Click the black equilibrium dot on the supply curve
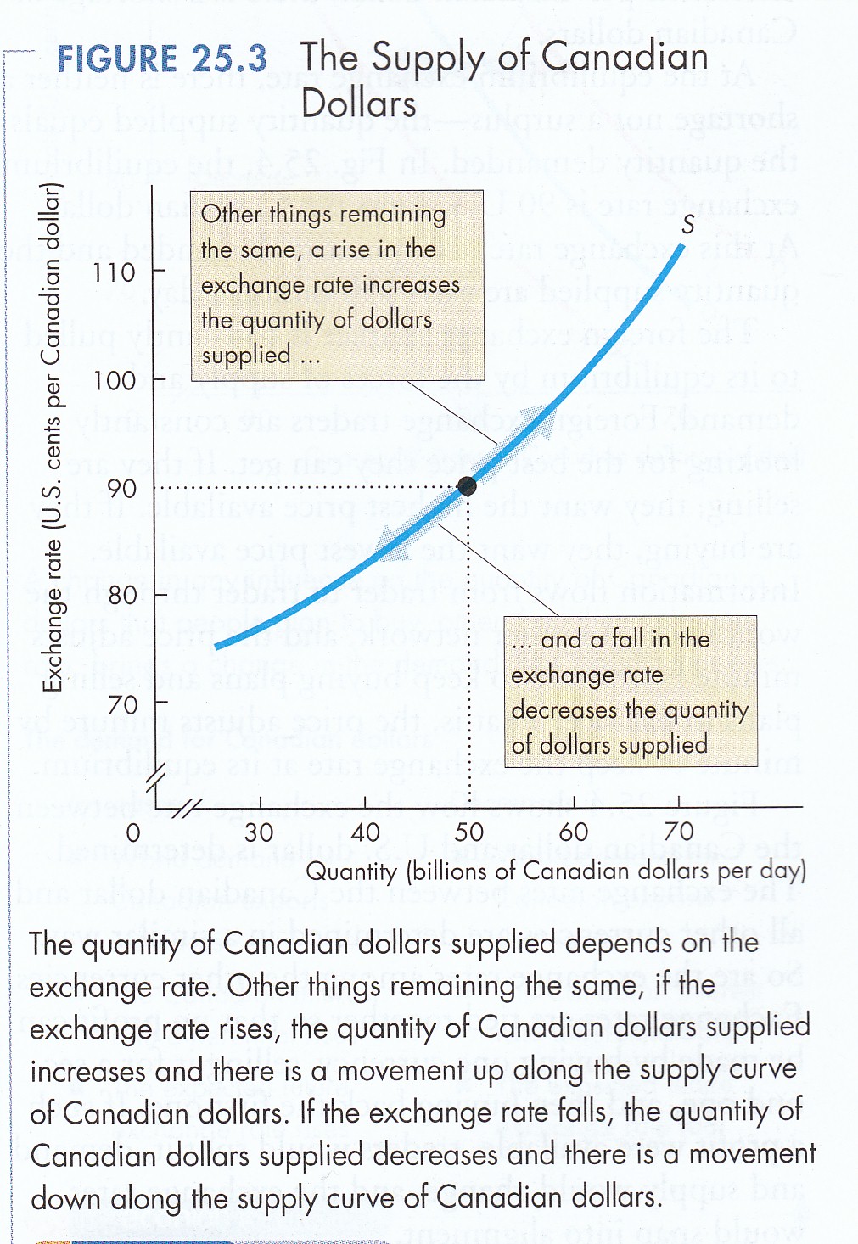tap(467, 486)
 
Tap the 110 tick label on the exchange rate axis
tap(114, 272)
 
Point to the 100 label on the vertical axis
tap(114, 380)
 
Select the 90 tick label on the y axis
tap(121, 488)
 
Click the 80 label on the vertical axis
tap(122, 595)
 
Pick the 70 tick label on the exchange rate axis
tap(122, 703)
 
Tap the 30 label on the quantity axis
tap(259, 832)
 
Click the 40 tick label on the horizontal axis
tap(365, 832)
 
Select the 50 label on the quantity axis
tap(469, 832)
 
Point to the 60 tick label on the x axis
tap(574, 832)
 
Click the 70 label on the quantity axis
tap(679, 832)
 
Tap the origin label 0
tap(133, 832)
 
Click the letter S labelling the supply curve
tap(687, 224)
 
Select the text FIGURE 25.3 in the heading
tap(161, 59)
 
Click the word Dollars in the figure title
tap(358, 104)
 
